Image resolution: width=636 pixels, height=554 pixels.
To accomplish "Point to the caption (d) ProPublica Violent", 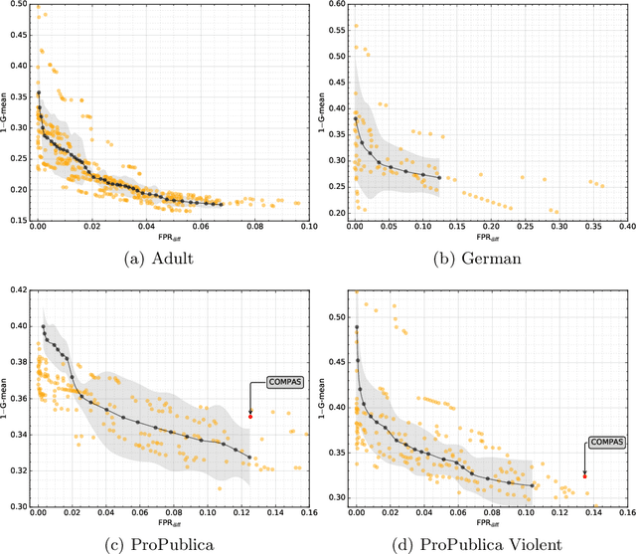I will tap(476, 542).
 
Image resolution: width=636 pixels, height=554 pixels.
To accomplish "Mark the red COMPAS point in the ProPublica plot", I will tap(250, 416).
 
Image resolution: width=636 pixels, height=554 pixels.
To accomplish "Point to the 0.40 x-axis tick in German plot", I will tap(625, 228).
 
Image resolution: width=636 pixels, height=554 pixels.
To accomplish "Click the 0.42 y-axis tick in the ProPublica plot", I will tap(17, 289).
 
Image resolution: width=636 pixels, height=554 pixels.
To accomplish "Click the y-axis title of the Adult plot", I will tap(5, 112).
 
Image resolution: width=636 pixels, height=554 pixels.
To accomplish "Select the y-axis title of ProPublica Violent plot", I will tap(323, 398).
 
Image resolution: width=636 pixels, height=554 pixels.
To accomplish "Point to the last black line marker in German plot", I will tap(439, 178).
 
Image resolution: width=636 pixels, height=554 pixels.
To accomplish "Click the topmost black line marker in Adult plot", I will tap(39, 92).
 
